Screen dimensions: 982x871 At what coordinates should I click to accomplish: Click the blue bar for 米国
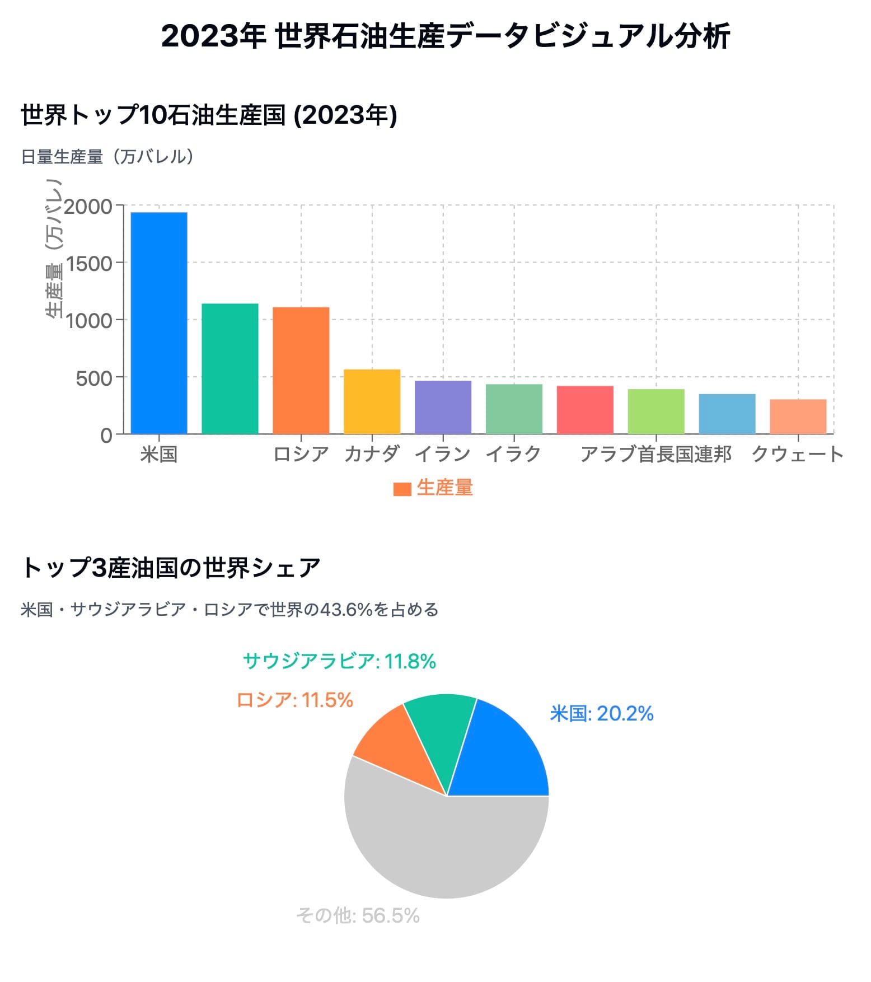[159, 323]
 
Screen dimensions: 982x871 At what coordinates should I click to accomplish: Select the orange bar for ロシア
[301, 370]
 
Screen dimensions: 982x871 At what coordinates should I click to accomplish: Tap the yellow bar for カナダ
[372, 401]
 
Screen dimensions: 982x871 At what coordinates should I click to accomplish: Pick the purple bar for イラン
[443, 407]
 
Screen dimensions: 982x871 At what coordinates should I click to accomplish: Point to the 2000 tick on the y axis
[88, 207]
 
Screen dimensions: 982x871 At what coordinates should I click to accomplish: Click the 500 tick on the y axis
[93, 378]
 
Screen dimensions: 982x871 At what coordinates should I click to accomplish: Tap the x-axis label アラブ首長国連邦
[655, 454]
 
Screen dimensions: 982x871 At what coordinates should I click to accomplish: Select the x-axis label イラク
[513, 454]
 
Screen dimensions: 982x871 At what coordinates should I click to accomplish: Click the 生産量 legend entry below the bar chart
[434, 488]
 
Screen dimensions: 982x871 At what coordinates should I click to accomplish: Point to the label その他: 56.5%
[358, 915]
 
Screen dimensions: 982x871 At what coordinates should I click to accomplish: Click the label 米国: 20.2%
[602, 714]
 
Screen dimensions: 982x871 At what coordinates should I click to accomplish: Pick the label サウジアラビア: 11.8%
[339, 661]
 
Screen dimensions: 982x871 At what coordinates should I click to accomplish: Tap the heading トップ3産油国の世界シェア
[171, 568]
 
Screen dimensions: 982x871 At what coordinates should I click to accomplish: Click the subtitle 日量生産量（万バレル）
[107, 157]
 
